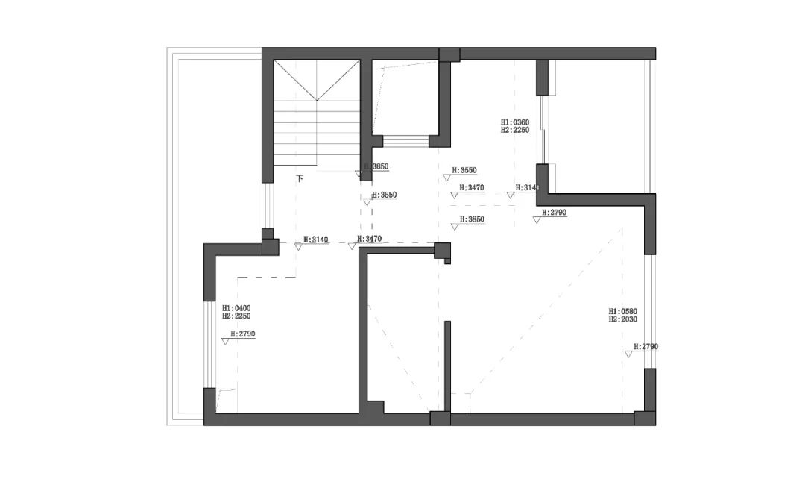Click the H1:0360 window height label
[514, 122]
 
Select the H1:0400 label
[236, 307]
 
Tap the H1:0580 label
[622, 311]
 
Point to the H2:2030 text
[622, 319]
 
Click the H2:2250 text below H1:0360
[514, 130]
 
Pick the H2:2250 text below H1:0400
[236, 316]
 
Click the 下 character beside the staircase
[300, 179]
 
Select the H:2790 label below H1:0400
[243, 334]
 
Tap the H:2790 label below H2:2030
[645, 347]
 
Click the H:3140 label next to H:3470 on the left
[315, 239]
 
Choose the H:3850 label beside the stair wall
[376, 167]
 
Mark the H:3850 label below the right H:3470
[472, 219]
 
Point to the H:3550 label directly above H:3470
[464, 170]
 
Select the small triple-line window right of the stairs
[405, 141]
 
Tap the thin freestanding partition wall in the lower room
[447, 366]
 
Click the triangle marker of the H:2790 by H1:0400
[225, 341]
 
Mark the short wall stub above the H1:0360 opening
[542, 77]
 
